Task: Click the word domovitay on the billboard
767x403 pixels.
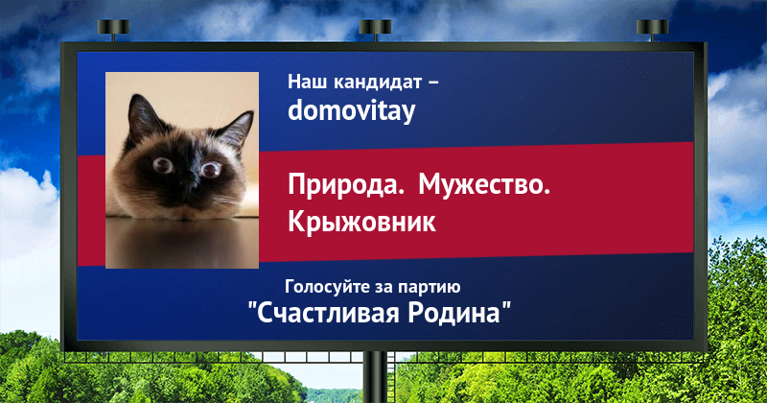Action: tap(351, 110)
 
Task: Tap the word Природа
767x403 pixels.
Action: tap(346, 186)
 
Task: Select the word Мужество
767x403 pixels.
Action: tap(484, 185)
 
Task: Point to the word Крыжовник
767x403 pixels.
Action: tap(361, 222)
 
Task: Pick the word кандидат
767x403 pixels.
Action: tap(377, 83)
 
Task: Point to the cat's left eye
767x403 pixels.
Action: tap(162, 165)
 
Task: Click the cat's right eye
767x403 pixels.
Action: tap(211, 170)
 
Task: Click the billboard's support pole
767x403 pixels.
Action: tap(375, 377)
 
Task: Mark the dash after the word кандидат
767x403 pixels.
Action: tap(433, 83)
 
